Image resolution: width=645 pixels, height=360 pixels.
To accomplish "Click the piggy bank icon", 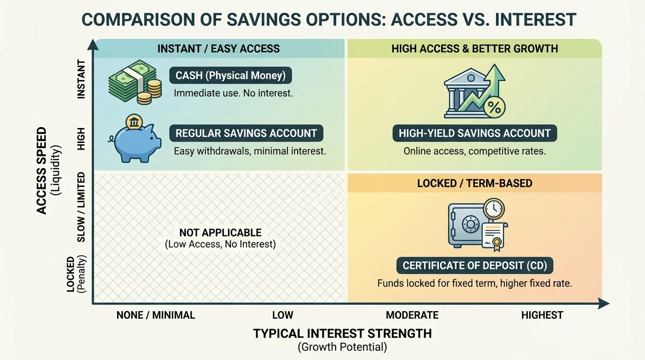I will click(x=135, y=139).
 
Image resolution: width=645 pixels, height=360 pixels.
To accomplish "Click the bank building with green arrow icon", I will click(x=474, y=91).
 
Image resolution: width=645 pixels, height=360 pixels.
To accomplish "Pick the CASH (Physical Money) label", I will click(x=231, y=75).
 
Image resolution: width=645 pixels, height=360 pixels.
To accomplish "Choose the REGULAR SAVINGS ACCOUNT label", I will click(x=246, y=133).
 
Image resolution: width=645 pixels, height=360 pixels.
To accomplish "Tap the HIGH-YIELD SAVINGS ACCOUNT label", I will click(x=474, y=133).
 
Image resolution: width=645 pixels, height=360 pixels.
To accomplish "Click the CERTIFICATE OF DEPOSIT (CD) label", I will click(x=474, y=266).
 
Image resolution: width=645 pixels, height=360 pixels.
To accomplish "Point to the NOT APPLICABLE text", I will click(x=220, y=233).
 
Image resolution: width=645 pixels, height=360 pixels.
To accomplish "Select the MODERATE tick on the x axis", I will click(x=412, y=315).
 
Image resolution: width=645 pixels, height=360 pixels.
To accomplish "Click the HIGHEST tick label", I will click(x=542, y=315).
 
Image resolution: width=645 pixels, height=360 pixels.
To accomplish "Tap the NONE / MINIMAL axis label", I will click(x=156, y=315).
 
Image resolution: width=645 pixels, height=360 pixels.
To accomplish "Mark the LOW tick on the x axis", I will click(x=283, y=315).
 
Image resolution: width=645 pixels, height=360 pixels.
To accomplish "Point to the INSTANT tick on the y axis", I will click(x=81, y=79).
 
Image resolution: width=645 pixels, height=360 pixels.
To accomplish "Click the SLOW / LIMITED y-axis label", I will click(x=81, y=207).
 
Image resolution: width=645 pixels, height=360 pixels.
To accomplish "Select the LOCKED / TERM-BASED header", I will click(x=474, y=183).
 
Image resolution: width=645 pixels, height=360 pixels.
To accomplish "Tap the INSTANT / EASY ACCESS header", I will click(x=218, y=49).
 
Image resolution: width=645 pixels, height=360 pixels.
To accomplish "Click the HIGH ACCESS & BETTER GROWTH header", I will click(x=474, y=49).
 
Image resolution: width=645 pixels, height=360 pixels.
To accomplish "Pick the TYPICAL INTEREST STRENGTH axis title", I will click(x=342, y=334).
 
